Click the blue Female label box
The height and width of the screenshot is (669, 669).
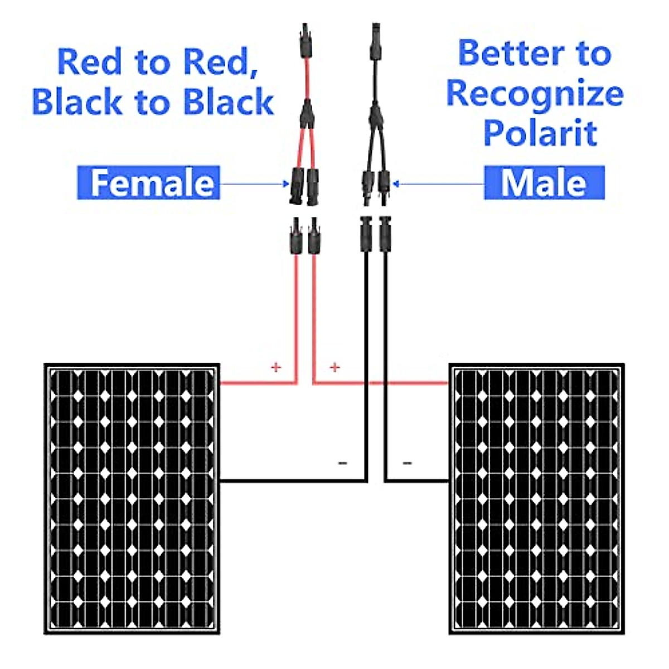click(x=148, y=182)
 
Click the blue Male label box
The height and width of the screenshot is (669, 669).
click(x=544, y=182)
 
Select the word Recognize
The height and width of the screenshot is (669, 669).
click(x=535, y=93)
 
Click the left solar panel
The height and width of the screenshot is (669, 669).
click(x=132, y=499)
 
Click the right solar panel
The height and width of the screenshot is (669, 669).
click(x=536, y=499)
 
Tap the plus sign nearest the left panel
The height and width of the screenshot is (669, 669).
click(x=275, y=367)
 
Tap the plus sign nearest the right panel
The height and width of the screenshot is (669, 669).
click(x=334, y=367)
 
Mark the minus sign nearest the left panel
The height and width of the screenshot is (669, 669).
click(x=343, y=462)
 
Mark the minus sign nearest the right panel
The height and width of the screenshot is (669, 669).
click(x=408, y=462)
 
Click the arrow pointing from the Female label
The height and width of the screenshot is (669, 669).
click(x=254, y=183)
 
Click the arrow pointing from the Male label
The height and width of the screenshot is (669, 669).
click(x=438, y=183)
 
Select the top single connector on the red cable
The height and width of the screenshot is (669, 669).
click(x=306, y=42)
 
